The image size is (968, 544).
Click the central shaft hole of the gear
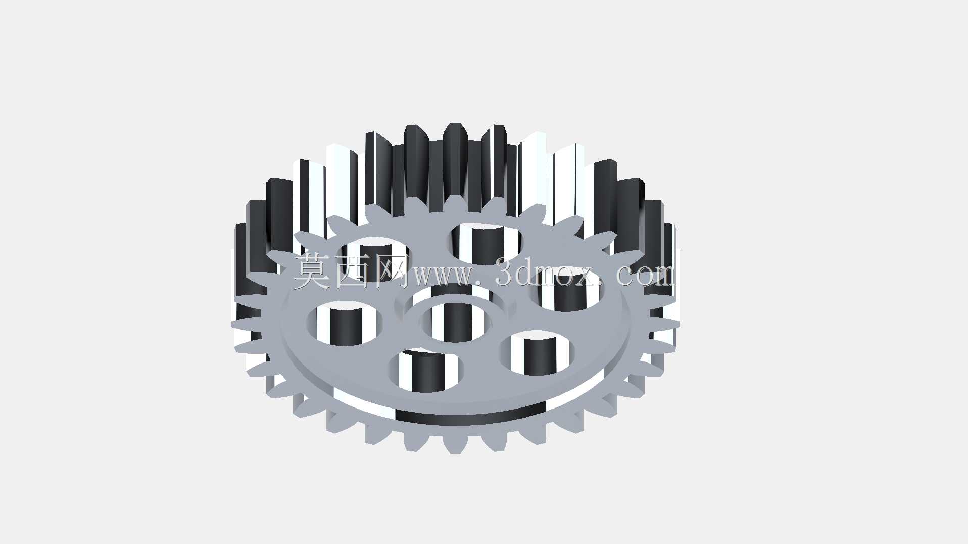pyautogui.click(x=455, y=323)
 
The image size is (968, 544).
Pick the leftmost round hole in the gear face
pyautogui.click(x=345, y=324)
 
